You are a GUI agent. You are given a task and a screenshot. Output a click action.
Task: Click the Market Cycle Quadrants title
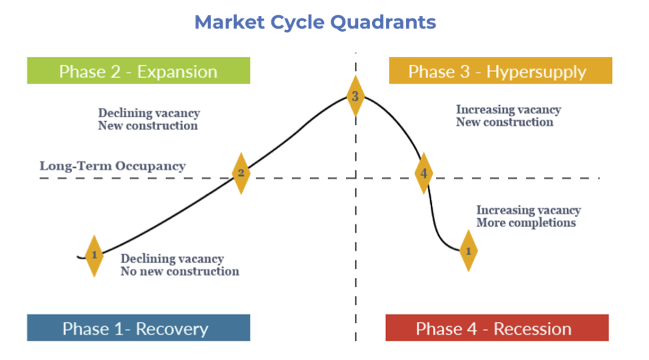[315, 22]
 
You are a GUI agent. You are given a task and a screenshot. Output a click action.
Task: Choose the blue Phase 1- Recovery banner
[139, 328]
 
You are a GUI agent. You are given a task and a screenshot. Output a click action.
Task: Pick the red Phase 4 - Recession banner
[497, 328]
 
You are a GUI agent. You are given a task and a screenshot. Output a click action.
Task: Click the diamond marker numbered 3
[355, 96]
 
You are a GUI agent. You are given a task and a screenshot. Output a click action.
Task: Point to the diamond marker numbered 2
[241, 173]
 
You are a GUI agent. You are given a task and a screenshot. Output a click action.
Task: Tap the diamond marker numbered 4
[423, 173]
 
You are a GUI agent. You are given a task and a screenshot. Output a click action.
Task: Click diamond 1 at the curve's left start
[94, 255]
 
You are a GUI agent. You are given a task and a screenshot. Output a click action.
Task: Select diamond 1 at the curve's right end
[468, 251]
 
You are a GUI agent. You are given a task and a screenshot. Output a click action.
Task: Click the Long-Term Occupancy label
[113, 166]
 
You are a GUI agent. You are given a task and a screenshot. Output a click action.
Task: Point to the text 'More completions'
[526, 223]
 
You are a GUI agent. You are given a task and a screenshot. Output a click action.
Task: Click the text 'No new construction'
[180, 271]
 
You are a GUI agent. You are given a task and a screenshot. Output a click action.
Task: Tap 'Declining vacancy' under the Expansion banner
[149, 113]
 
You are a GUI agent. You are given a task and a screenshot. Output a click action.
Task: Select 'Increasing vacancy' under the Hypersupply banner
[508, 110]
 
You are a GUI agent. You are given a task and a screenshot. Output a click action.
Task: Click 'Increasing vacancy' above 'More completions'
[528, 210]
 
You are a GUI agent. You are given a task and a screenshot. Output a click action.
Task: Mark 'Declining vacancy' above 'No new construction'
[172, 259]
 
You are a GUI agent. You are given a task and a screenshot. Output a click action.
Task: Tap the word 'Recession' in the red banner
[532, 329]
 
